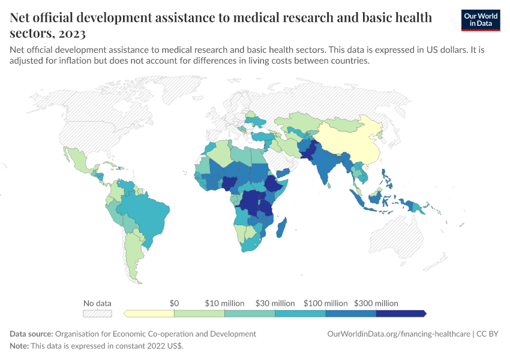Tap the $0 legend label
pyautogui.click(x=174, y=303)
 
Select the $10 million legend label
pyautogui.click(x=224, y=303)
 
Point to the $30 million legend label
pyautogui.click(x=275, y=303)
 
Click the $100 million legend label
pyautogui.click(x=325, y=303)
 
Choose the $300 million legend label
pyautogui.click(x=376, y=303)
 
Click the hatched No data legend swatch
pyautogui.click(x=97, y=313)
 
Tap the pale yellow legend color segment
pyautogui.click(x=150, y=313)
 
